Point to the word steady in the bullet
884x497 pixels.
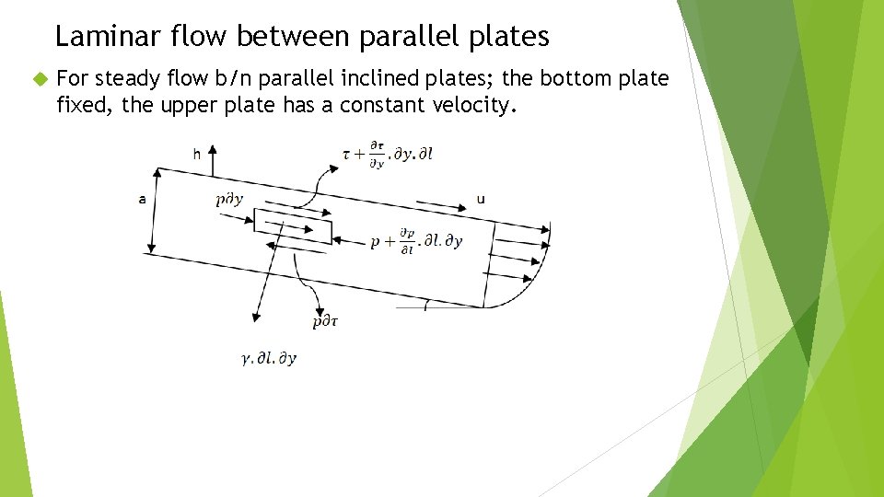coord(129,79)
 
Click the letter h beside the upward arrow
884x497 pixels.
coord(196,155)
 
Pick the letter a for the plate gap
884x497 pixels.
coord(142,198)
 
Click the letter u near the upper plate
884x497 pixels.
coord(481,199)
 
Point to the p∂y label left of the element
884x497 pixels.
coord(228,199)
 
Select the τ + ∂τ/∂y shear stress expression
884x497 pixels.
coord(387,153)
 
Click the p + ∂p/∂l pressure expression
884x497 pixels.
coord(416,240)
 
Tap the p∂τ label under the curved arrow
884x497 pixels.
coord(325,321)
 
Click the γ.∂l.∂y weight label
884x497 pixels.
coord(269,358)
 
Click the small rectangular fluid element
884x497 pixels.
coord(293,226)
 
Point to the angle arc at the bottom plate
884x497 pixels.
coord(425,305)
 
